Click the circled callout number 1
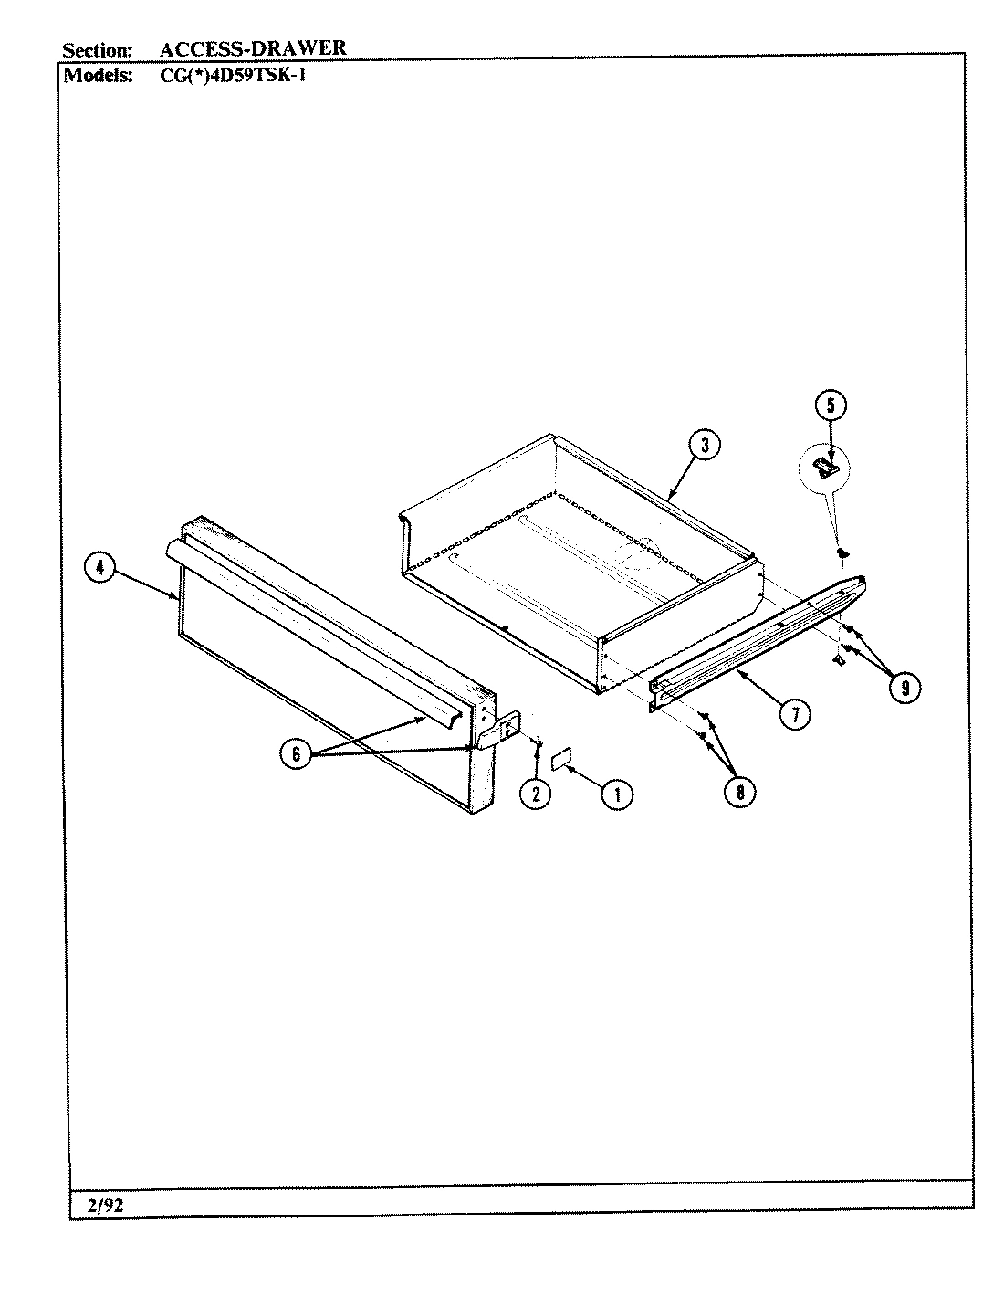[x=617, y=794]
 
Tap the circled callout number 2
[x=535, y=794]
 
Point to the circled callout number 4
[x=99, y=568]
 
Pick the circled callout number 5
[x=831, y=405]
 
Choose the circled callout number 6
[x=295, y=754]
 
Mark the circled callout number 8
[x=739, y=794]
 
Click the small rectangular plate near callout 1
[x=560, y=758]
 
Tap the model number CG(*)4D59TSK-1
[x=226, y=75]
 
